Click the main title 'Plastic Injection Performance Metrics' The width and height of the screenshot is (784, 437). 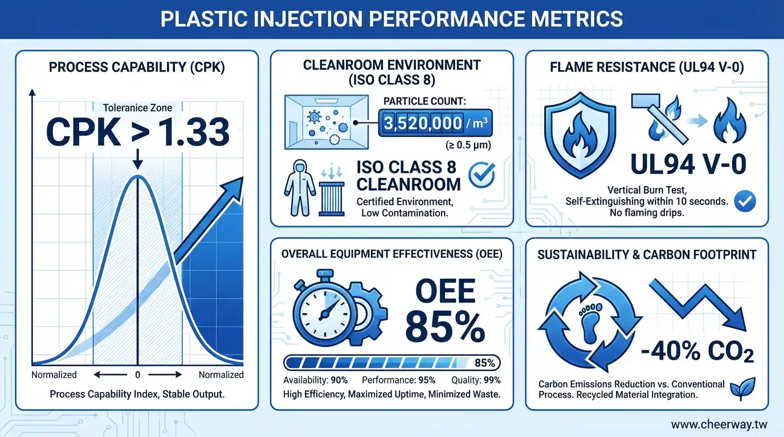[391, 19]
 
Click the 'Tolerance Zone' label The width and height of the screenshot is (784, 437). [137, 107]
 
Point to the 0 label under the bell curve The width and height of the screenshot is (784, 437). [137, 375]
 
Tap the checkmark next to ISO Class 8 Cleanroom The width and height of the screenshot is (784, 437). [481, 176]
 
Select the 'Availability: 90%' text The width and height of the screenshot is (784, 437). [315, 380]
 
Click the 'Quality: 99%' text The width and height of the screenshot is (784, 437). [475, 380]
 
